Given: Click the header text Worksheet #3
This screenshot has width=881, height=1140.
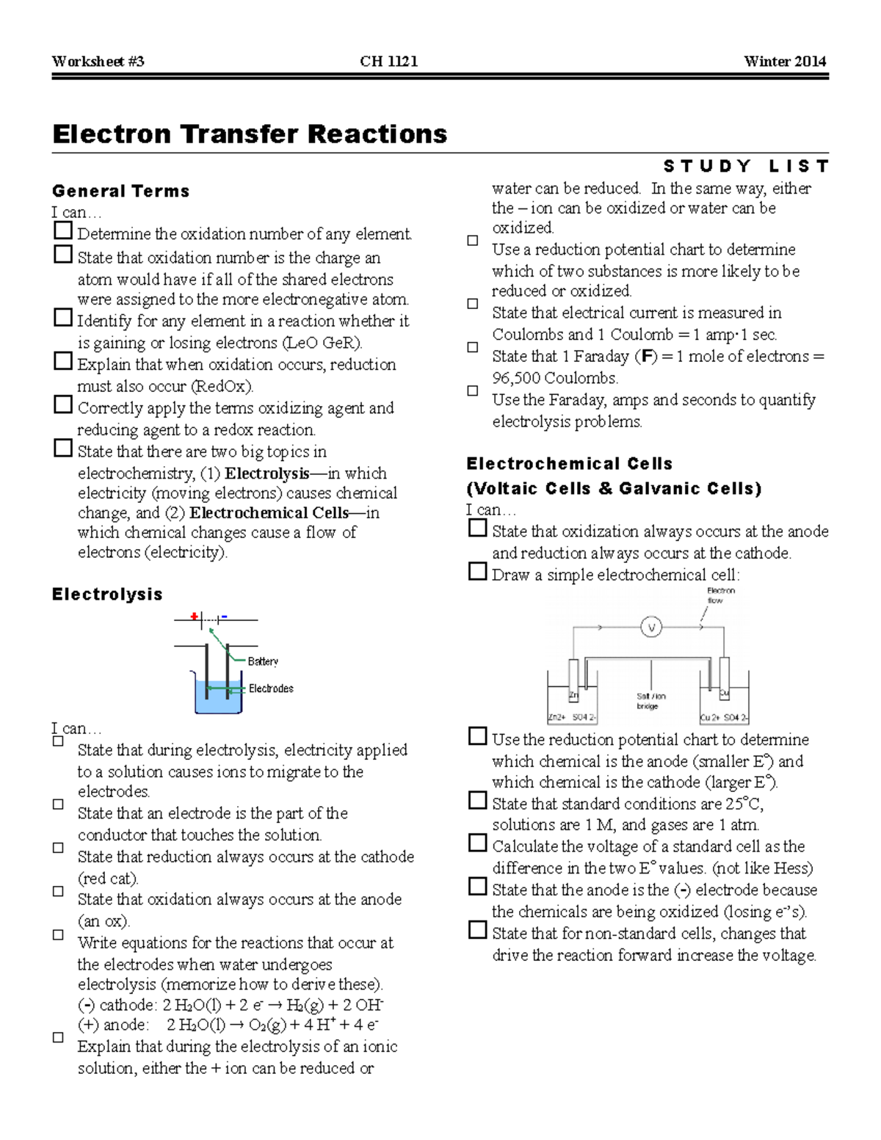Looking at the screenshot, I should pyautogui.click(x=98, y=62).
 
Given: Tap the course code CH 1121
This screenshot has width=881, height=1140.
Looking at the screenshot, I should pyautogui.click(x=388, y=62).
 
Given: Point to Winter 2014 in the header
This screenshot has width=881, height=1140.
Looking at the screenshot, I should pyautogui.click(x=784, y=62).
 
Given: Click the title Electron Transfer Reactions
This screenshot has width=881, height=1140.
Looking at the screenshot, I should pyautogui.click(x=250, y=134).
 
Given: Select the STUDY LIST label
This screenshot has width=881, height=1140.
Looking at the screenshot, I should pyautogui.click(x=745, y=167).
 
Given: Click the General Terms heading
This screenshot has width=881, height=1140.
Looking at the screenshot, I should pyautogui.click(x=120, y=192).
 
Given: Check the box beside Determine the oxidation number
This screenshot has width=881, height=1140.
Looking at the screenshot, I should pyautogui.click(x=63, y=231).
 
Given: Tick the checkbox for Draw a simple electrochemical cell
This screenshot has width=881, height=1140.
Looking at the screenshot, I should pyautogui.click(x=477, y=572).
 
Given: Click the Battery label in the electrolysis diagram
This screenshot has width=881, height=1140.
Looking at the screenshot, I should pyautogui.click(x=263, y=661).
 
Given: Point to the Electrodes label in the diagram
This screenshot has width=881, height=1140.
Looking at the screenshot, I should pyautogui.click(x=271, y=689).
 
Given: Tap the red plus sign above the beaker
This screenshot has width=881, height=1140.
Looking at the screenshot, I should pyautogui.click(x=194, y=617).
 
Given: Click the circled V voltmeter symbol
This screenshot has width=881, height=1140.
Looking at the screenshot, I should pyautogui.click(x=651, y=628).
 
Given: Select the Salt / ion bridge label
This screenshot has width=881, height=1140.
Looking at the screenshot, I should pyautogui.click(x=650, y=701).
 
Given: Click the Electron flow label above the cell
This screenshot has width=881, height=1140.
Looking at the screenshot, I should pyautogui.click(x=720, y=595).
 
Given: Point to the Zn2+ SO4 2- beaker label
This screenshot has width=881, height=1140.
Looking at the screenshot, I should pyautogui.click(x=572, y=717).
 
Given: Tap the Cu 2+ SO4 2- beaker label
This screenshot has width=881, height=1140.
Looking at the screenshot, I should pyautogui.click(x=724, y=717).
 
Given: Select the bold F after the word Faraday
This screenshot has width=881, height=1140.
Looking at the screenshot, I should pyautogui.click(x=646, y=357).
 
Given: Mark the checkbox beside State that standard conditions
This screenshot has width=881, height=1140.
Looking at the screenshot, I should pyautogui.click(x=477, y=801).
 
